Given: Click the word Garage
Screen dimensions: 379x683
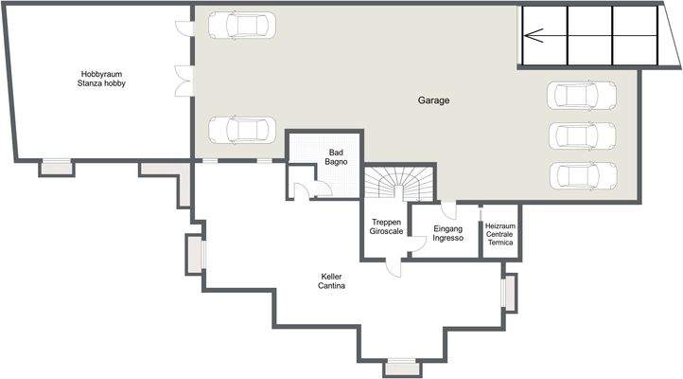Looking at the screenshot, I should coord(433,99).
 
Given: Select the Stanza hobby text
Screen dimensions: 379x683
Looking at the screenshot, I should coord(102,83).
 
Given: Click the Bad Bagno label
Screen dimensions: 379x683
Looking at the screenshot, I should coord(337,157).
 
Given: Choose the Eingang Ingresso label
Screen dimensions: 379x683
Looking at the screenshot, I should coord(447,233).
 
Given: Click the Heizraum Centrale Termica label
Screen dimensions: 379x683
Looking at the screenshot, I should coord(499,234).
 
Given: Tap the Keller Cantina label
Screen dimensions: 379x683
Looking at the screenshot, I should coord(331,280).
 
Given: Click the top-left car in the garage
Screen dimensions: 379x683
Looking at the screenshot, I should coord(241,25).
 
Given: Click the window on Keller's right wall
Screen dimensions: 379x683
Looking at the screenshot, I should coord(510,292).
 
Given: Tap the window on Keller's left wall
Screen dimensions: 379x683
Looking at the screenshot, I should coord(195,253).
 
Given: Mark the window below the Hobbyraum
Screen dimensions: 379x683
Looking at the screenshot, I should coord(57,167).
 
